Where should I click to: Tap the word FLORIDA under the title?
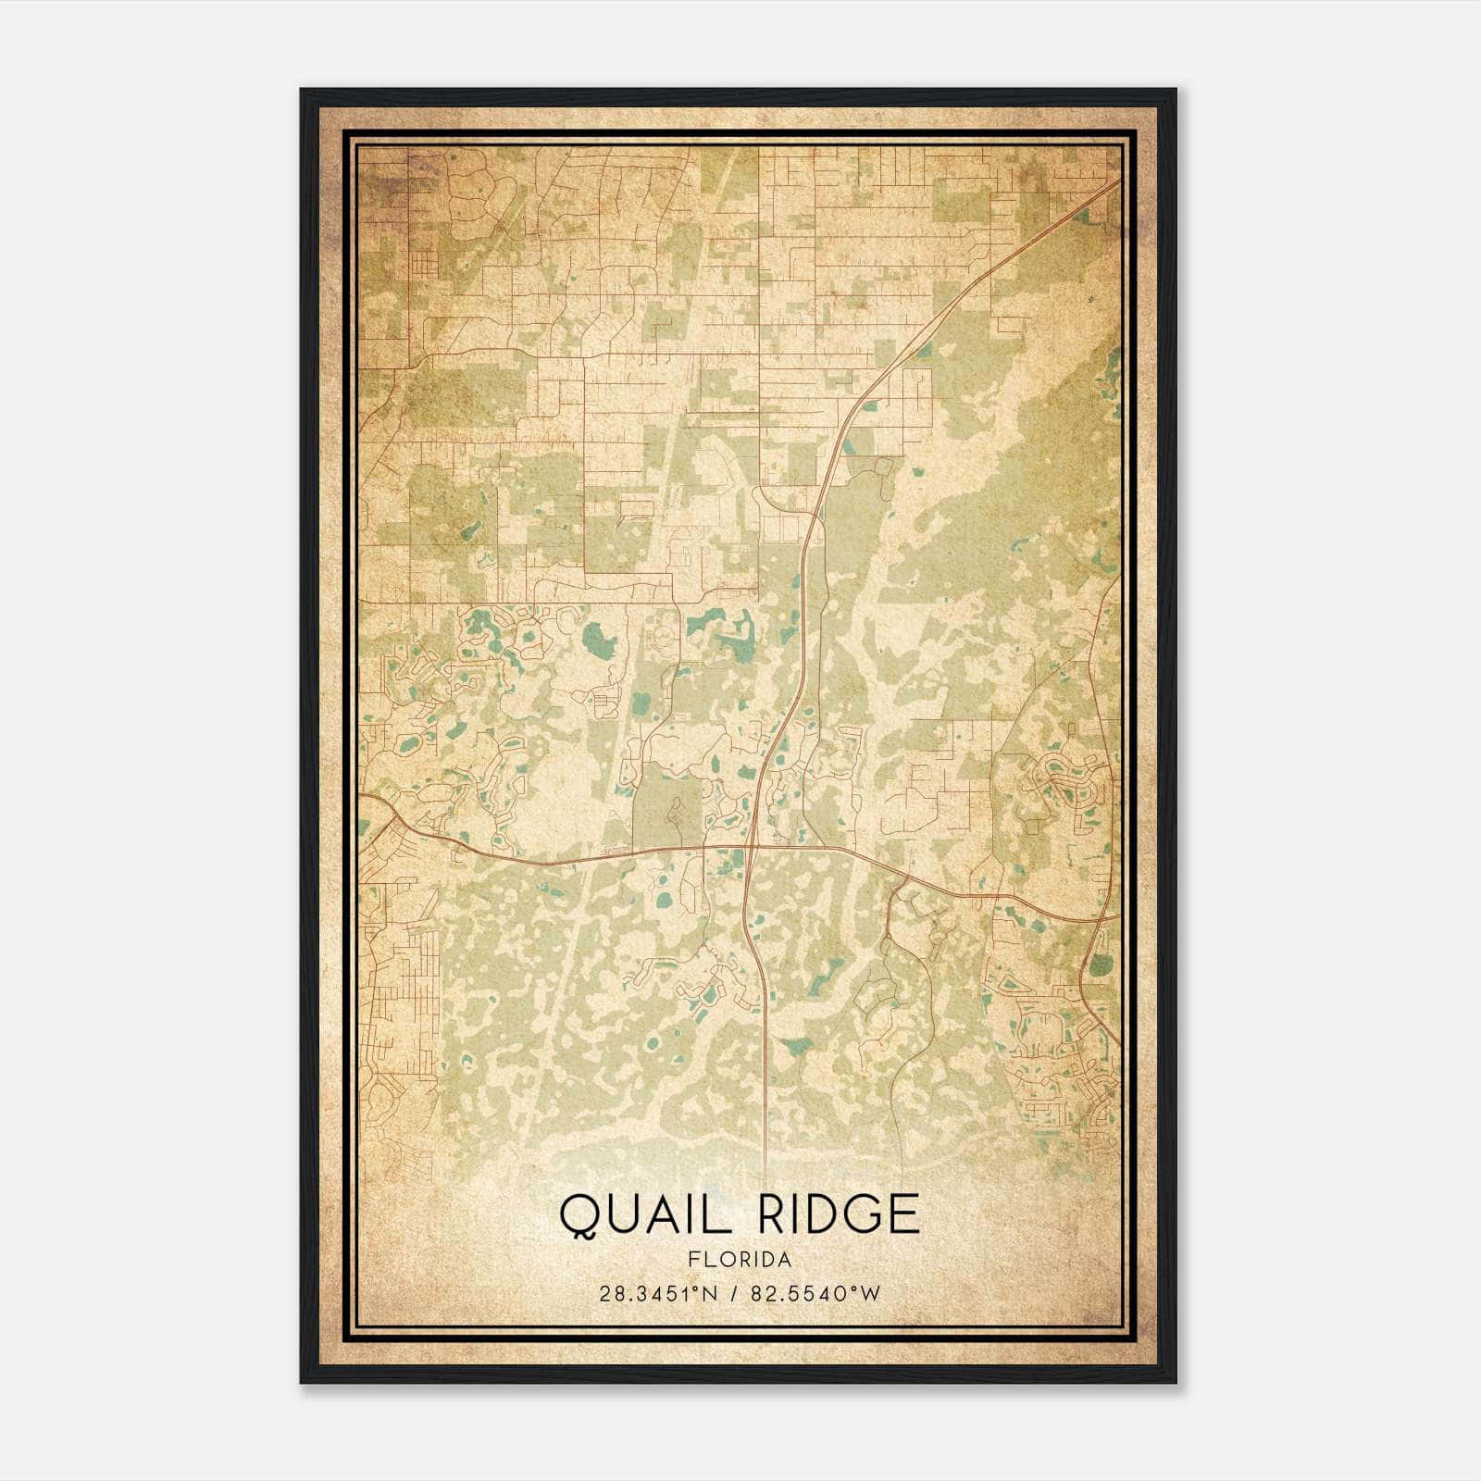[x=740, y=1260]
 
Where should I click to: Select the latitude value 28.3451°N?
[x=658, y=1294]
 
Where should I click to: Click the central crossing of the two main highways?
[x=752, y=845]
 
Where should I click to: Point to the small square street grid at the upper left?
[x=426, y=265]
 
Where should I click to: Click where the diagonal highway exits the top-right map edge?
[x=1119, y=181]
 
